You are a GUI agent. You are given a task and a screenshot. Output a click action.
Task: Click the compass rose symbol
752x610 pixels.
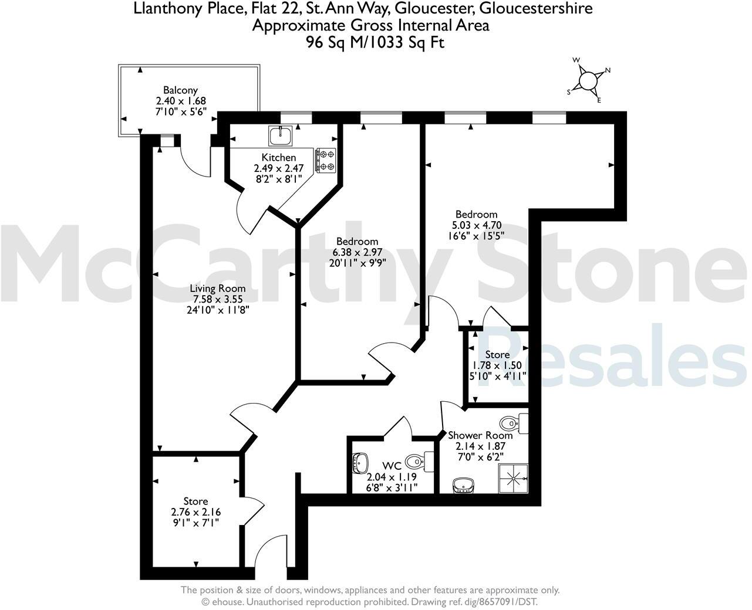[587, 80]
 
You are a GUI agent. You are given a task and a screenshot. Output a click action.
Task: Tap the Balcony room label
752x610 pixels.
[180, 90]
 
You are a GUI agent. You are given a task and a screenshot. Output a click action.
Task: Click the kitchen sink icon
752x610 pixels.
[281, 136]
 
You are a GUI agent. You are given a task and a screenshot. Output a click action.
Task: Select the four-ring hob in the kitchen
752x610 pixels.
[326, 160]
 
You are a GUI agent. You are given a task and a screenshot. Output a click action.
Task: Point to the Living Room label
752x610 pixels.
[217, 289]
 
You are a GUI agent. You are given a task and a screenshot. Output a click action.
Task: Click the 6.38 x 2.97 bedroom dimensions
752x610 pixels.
[357, 252]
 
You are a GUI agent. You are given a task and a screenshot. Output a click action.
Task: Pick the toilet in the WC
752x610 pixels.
[420, 460]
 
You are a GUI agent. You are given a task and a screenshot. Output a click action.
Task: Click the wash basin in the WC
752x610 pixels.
[359, 463]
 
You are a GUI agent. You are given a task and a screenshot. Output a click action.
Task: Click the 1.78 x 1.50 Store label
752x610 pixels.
[497, 365]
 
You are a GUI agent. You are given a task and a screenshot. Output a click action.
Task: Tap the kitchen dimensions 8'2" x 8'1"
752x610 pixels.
[278, 178]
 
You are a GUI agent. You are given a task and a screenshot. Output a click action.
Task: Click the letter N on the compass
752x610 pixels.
[608, 70]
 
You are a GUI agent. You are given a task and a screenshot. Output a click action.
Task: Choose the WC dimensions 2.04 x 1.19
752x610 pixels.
[392, 476]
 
